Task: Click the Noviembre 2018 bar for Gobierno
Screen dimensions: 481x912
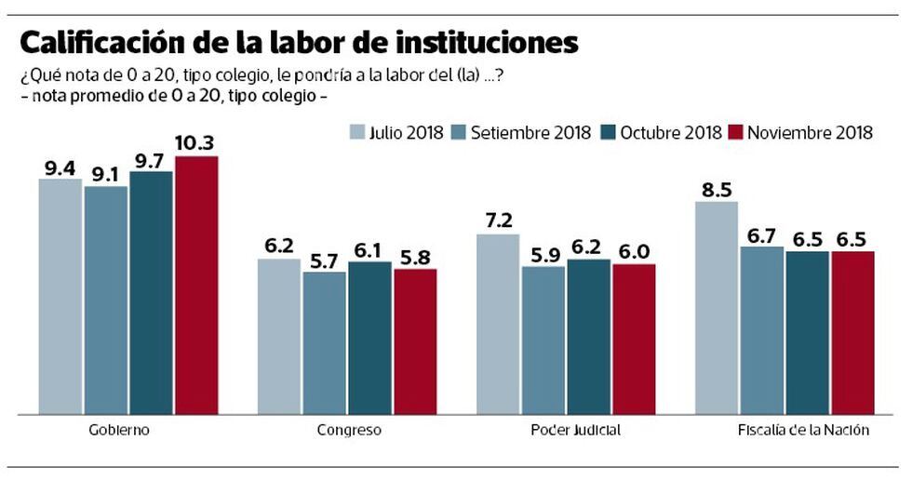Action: [196, 285]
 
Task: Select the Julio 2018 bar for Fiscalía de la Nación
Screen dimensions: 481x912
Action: [717, 307]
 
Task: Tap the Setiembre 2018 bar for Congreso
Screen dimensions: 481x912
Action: [324, 342]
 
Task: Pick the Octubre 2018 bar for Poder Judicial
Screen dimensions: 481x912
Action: [589, 336]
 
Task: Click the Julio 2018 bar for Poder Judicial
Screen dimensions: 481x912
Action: [498, 324]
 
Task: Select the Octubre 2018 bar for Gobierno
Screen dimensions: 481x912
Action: [151, 292]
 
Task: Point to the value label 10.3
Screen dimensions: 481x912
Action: [195, 142]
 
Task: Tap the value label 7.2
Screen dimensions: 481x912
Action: [498, 220]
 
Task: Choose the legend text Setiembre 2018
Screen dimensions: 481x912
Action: [530, 132]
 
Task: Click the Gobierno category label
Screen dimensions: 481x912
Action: [119, 431]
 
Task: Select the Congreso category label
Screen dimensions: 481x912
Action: [349, 431]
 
